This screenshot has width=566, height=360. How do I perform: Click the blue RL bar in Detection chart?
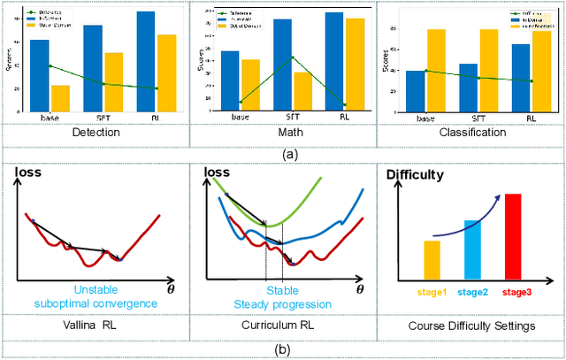[145, 61]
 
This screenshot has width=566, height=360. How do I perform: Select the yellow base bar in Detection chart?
[60, 98]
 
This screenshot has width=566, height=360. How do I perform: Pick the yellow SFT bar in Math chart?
[302, 91]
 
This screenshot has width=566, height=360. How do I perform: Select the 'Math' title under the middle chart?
[283, 133]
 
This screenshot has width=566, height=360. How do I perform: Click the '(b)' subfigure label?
[283, 349]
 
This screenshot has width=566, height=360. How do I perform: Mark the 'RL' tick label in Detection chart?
[155, 118]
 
